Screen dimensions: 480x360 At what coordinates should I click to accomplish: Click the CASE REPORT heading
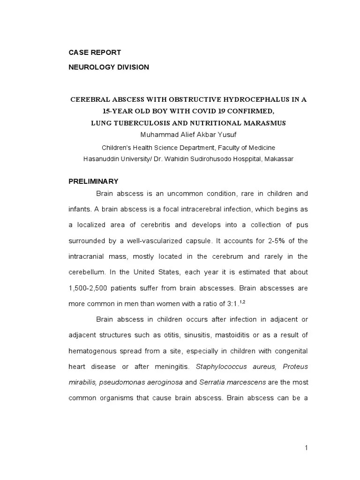pyautogui.click(x=95, y=52)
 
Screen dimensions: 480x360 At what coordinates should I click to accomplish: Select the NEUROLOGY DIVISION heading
pyautogui.click(x=109, y=67)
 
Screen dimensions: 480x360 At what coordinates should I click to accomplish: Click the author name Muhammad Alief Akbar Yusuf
pyautogui.click(x=188, y=135)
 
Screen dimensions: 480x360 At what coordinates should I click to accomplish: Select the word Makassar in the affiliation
pyautogui.click(x=279, y=158)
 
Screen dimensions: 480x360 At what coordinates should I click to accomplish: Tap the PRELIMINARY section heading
pyautogui.click(x=93, y=181)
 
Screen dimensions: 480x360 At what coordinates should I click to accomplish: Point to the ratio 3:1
pyautogui.click(x=230, y=304)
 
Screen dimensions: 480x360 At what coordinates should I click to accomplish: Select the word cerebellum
pyautogui.click(x=88, y=272)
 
